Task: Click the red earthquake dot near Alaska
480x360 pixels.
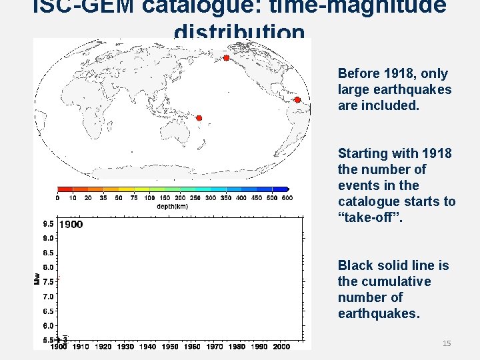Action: [226, 59]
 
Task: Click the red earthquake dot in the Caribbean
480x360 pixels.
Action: [298, 100]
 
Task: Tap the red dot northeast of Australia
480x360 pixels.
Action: [199, 118]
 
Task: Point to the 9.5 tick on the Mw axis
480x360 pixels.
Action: [49, 224]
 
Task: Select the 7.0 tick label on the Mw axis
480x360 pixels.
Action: [49, 297]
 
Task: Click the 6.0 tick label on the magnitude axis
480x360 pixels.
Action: [49, 326]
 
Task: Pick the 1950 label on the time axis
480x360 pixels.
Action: [170, 347]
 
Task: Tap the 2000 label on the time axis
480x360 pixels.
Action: [281, 347]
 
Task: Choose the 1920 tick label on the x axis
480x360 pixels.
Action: [103, 347]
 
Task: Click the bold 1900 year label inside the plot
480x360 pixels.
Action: [71, 225]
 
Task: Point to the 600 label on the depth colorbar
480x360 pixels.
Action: [287, 198]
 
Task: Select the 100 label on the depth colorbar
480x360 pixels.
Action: [149, 198]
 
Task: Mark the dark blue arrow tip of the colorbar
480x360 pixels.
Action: [287, 189]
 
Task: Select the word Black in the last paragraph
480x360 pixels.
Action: [356, 266]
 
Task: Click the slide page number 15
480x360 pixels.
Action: [447, 343]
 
